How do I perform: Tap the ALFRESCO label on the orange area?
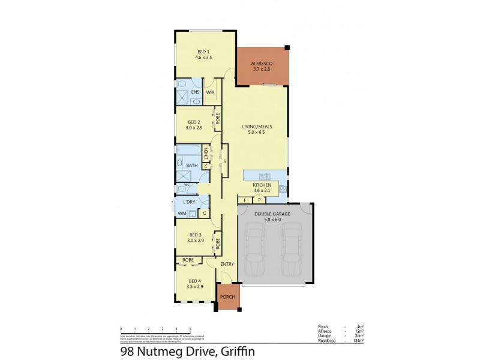click(x=262, y=62)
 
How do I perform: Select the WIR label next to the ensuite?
click(x=210, y=93)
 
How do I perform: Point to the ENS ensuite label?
click(x=195, y=92)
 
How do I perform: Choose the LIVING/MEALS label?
click(x=257, y=127)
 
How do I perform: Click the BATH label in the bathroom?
click(x=192, y=165)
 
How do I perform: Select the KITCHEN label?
click(x=262, y=184)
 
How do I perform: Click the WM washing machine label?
click(x=182, y=213)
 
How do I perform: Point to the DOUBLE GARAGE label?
click(x=272, y=214)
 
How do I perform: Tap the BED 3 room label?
click(x=194, y=235)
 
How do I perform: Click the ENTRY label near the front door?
click(x=227, y=264)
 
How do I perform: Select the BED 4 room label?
click(x=194, y=281)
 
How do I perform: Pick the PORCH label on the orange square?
click(x=227, y=297)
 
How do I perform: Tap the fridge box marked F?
click(x=245, y=199)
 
